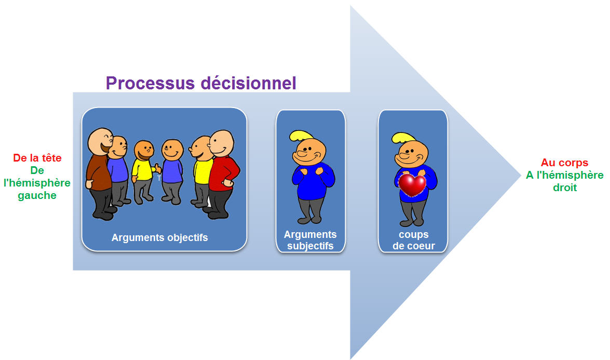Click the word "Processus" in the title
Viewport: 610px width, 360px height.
(x=150, y=83)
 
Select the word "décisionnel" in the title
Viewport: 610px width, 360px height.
(x=249, y=83)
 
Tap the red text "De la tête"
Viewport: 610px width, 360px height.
(x=37, y=158)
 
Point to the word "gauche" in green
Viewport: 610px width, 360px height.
(x=37, y=195)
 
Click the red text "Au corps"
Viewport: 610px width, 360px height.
(x=564, y=163)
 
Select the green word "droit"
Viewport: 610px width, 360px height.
(x=565, y=188)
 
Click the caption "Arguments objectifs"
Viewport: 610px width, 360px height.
(x=159, y=237)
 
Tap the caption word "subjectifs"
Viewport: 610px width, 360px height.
(x=310, y=246)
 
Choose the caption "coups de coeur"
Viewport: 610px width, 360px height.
(x=414, y=240)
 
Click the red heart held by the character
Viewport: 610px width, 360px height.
(x=412, y=185)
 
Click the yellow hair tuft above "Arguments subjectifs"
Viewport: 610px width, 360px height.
(x=301, y=136)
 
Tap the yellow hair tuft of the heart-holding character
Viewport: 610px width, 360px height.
(x=403, y=137)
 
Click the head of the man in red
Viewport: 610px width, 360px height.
(x=222, y=143)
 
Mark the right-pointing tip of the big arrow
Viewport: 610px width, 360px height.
(x=521, y=175)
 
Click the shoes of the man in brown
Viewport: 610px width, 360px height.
(x=103, y=214)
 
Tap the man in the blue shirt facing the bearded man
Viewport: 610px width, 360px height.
(x=172, y=171)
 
